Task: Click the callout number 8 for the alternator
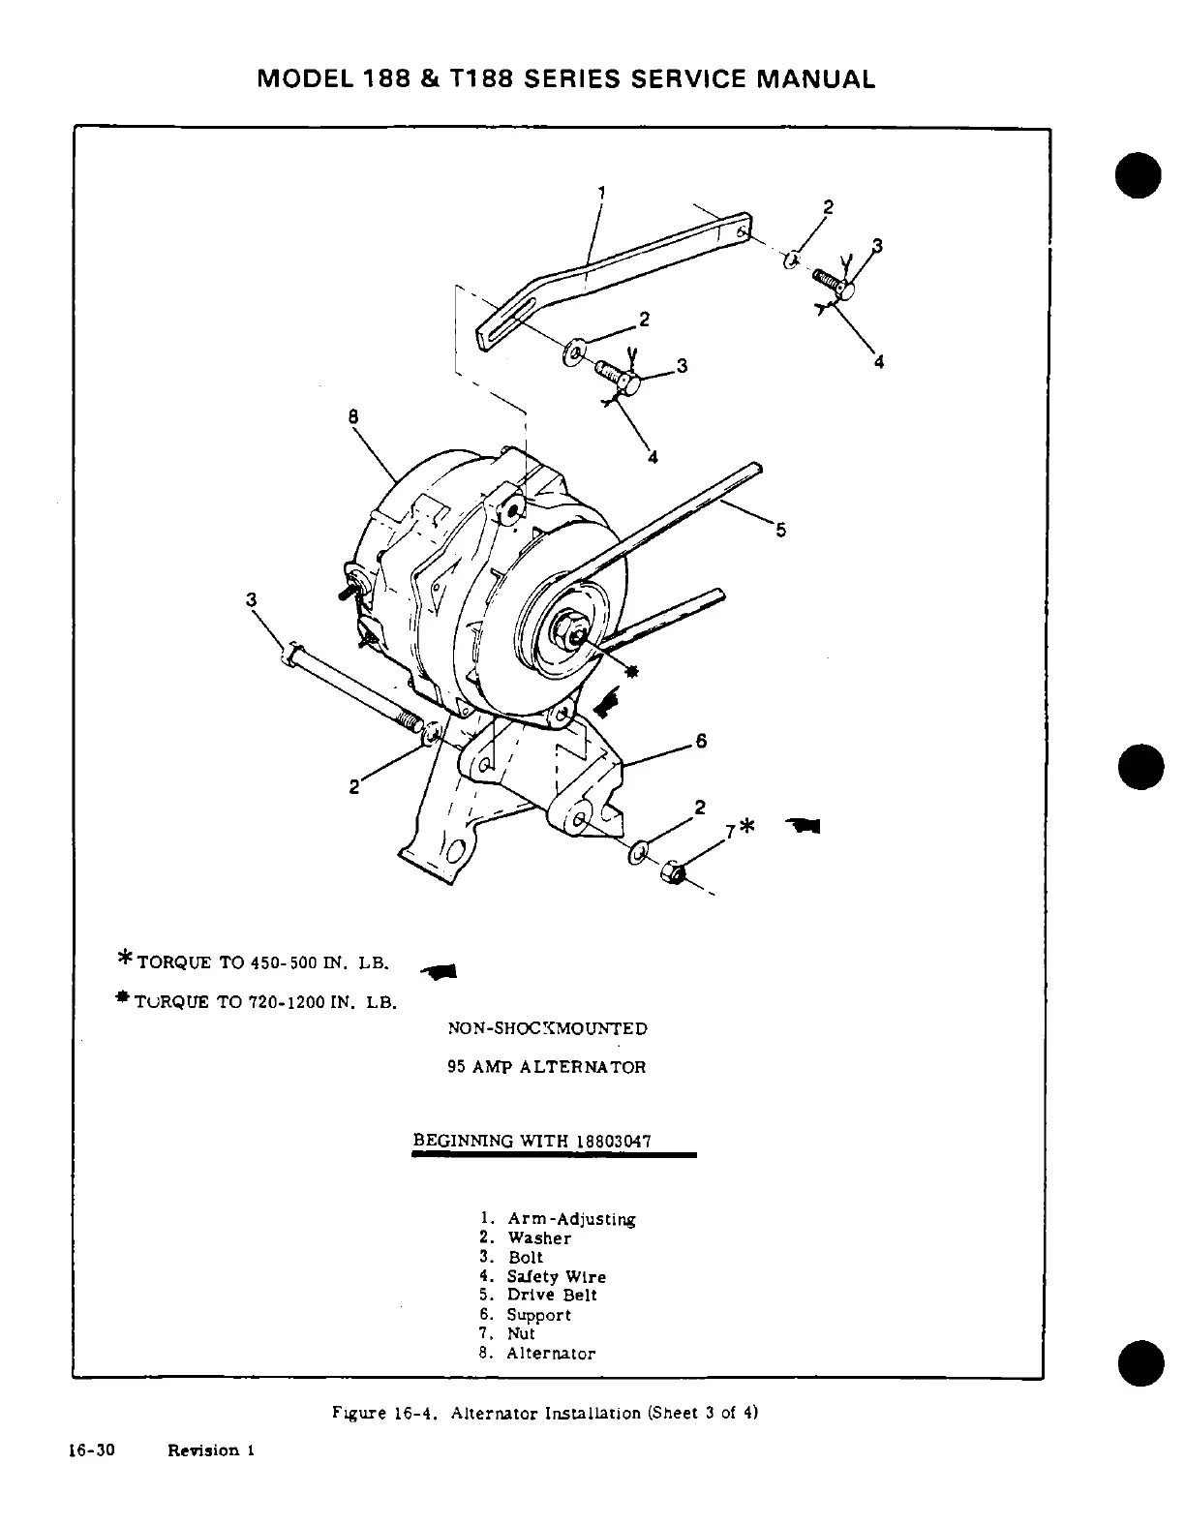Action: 352,416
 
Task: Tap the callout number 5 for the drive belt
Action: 781,530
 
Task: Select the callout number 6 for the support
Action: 701,742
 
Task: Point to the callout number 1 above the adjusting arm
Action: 600,192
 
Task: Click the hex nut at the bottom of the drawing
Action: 670,872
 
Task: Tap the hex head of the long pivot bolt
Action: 288,652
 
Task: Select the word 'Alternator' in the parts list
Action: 551,1354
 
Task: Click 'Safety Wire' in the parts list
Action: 557,1277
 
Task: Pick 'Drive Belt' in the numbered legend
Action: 552,1296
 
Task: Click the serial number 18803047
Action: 613,1141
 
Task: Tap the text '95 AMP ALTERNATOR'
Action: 546,1067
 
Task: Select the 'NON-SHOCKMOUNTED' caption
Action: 547,1028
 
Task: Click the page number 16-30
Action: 93,1450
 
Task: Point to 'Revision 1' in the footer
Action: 210,1450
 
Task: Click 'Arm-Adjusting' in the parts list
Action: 571,1219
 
